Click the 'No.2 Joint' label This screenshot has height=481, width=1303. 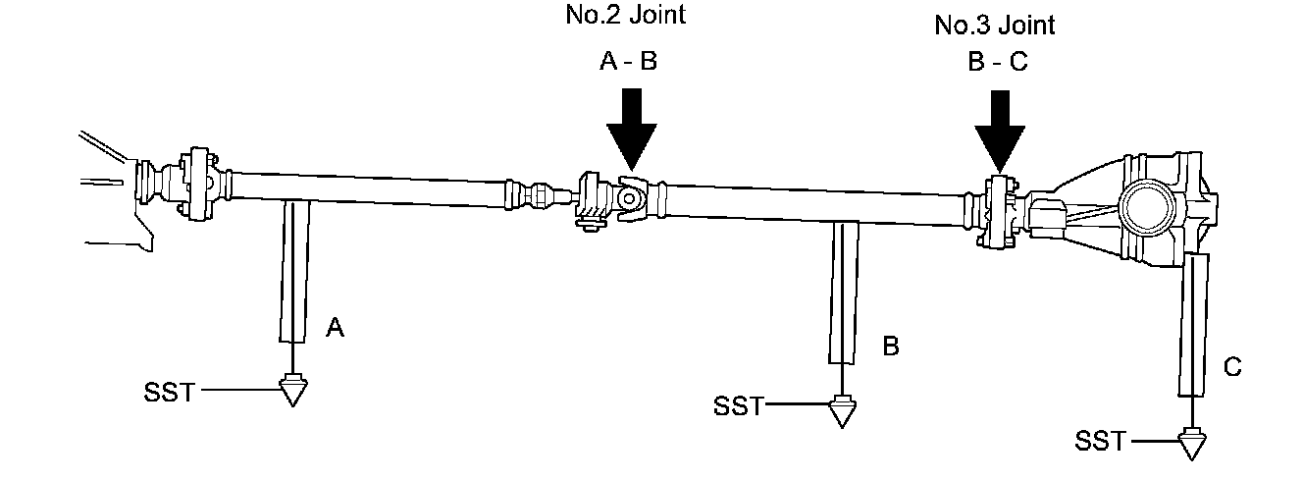pos(625,16)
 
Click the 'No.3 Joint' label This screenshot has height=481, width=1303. pos(994,26)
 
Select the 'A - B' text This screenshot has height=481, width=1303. pos(628,61)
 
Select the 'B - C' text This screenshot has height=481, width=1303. pos(996,64)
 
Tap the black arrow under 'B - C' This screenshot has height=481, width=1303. pos(1000,131)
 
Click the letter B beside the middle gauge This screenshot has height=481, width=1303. pos(891,347)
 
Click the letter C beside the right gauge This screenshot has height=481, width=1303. pos(1232,368)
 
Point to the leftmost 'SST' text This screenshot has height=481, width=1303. pos(170,394)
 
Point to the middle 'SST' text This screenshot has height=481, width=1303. pos(738,405)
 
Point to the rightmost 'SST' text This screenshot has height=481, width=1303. pos(1101,442)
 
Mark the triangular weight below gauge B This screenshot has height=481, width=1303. pos(840,411)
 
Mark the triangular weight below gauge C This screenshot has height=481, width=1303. pos(1192,445)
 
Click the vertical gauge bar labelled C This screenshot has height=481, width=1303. pos(1193,324)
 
